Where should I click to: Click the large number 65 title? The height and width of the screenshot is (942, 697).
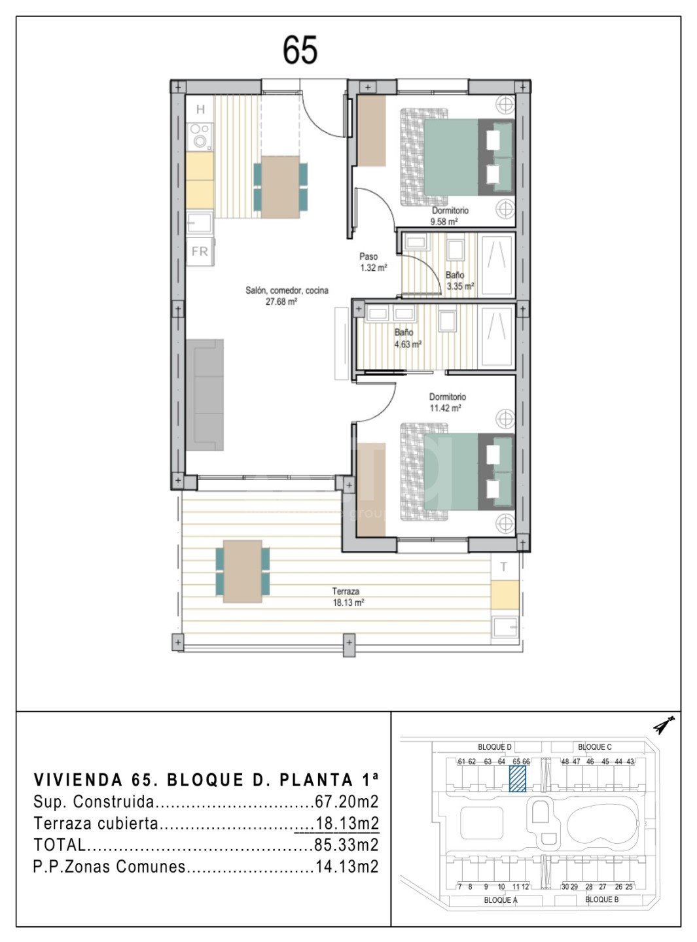[300, 50]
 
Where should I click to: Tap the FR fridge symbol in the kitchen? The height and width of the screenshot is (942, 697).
[200, 252]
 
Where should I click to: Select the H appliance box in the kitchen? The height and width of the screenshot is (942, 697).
[200, 109]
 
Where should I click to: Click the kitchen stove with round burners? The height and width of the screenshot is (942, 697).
[200, 136]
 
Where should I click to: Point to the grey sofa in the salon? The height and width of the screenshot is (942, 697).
[205, 394]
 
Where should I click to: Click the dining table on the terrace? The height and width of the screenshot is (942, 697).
[243, 571]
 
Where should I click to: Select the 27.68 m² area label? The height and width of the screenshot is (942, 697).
[281, 302]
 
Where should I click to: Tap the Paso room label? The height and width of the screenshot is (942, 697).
[368, 256]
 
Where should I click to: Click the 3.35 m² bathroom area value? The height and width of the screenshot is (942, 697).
[460, 287]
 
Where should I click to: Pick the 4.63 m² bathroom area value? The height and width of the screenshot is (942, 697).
[408, 345]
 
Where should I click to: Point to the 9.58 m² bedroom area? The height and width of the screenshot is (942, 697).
[444, 222]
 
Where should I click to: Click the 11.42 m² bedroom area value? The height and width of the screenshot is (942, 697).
[446, 408]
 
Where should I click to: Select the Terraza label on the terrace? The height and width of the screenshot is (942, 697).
[346, 591]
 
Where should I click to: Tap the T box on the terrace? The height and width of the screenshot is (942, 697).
[505, 567]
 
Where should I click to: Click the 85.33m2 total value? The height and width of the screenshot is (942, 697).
[346, 845]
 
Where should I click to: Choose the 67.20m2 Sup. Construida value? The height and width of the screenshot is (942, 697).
[346, 801]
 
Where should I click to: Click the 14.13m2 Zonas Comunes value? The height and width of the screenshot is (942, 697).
[346, 866]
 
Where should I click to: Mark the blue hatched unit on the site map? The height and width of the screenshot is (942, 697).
[518, 779]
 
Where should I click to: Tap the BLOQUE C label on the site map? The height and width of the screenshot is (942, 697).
[594, 747]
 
